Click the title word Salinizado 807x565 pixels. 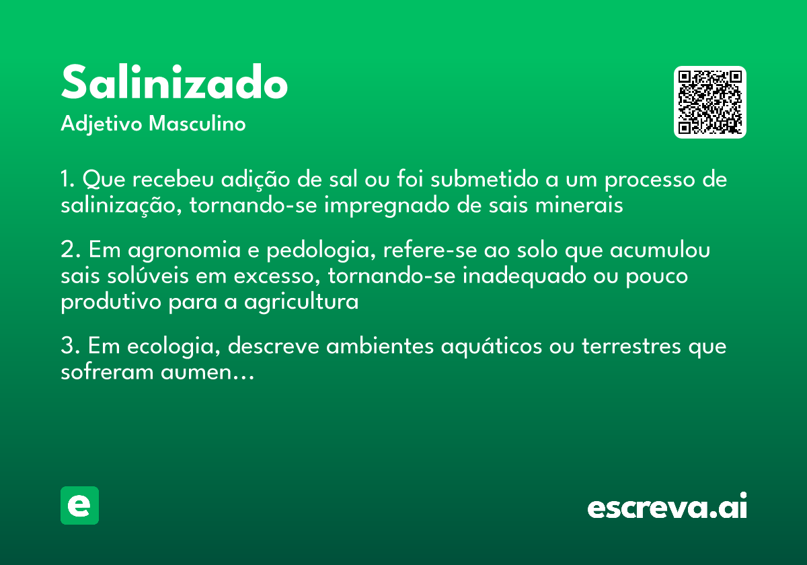click(174, 83)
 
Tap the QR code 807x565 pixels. click(709, 102)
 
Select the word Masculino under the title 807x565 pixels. click(197, 124)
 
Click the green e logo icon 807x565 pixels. click(79, 505)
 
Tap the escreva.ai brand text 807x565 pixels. click(667, 507)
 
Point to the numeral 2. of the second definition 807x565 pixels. click(69, 250)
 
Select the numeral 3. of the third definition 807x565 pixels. click(69, 347)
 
